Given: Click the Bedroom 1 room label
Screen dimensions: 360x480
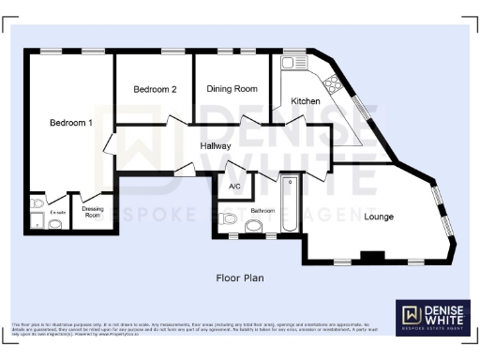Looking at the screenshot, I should (71, 123).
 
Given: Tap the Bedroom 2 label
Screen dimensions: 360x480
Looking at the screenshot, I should (155, 90).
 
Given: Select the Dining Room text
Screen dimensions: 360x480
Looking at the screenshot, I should (232, 89).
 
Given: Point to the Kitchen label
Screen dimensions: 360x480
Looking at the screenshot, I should (306, 100).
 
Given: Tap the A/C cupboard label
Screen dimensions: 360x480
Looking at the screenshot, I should (234, 187).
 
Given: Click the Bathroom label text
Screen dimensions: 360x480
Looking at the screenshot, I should (263, 211).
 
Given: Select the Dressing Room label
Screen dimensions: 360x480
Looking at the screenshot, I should (93, 212).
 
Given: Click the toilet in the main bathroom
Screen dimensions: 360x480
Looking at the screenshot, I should (253, 225).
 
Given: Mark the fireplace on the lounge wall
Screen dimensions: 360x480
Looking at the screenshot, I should (372, 255).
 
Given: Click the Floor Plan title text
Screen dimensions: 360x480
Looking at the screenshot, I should (240, 278).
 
